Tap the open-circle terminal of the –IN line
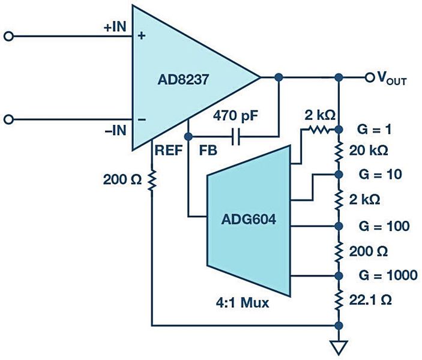(x=8, y=119)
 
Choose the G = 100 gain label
(x=385, y=226)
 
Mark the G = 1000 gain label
(x=387, y=275)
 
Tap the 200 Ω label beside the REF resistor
(x=120, y=178)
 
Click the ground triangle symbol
(x=340, y=347)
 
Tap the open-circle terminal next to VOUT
(x=370, y=77)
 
